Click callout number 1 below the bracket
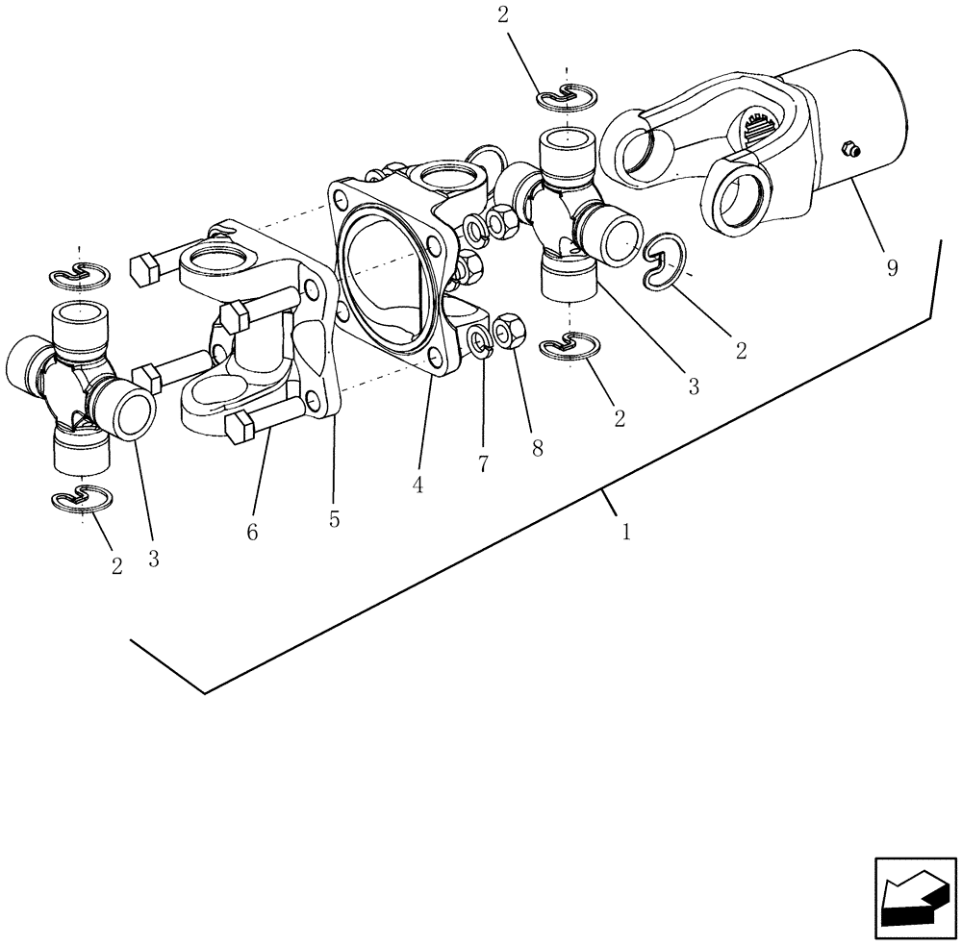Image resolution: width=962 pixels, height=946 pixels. tap(625, 530)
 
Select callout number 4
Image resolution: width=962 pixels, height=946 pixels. tap(417, 485)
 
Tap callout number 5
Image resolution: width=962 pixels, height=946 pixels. tap(334, 519)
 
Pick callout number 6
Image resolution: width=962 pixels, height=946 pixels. tap(252, 532)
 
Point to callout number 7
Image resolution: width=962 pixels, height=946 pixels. tap(483, 463)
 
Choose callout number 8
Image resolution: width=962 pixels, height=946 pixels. tap(537, 447)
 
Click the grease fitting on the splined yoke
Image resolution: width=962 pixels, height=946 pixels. tap(848, 148)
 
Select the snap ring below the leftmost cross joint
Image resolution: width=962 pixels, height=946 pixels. tap(80, 499)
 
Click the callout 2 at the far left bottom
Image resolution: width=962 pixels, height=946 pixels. tap(117, 566)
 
